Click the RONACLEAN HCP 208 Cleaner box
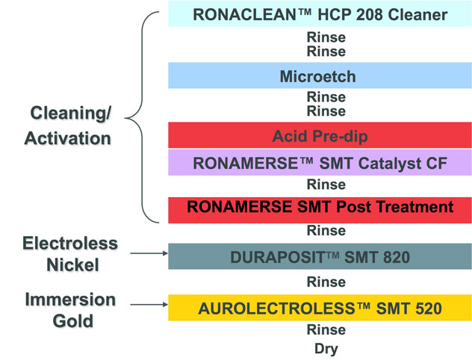[x=320, y=14]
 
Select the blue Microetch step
[x=320, y=75]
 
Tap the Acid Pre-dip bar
[x=320, y=135]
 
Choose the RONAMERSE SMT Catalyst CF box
[x=320, y=163]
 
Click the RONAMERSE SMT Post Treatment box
[x=320, y=210]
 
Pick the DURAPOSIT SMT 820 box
[x=320, y=256]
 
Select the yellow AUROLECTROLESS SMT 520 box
[x=320, y=308]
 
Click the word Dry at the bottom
[x=326, y=349]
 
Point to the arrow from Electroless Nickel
[x=149, y=253]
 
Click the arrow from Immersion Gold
[x=149, y=305]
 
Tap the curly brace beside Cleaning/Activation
[x=142, y=117]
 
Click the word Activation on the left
[x=68, y=138]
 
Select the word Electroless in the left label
[x=70, y=243]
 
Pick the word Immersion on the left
[x=70, y=300]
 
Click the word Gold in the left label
[x=73, y=321]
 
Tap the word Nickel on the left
[x=73, y=265]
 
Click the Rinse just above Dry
[x=326, y=330]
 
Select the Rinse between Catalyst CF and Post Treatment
[x=326, y=184]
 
